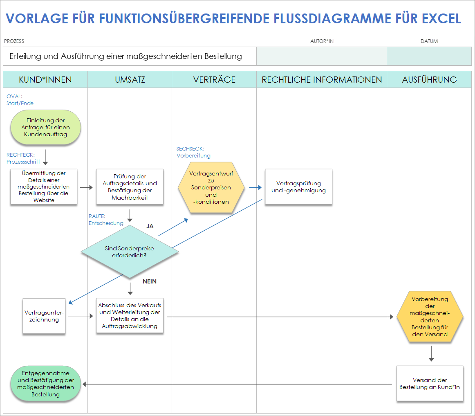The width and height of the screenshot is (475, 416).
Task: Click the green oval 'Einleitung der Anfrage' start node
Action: point(45,128)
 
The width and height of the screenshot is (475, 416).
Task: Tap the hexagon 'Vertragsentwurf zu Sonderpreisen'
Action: point(211,187)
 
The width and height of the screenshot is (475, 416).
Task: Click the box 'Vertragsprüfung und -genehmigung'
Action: point(298,187)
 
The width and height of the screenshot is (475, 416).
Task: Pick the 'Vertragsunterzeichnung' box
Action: point(44,316)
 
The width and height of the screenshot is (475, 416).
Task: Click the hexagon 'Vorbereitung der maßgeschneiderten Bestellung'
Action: point(430,317)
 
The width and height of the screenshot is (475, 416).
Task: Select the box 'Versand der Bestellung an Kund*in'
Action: point(430,383)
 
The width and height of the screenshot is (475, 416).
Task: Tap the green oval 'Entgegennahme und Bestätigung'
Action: point(45,384)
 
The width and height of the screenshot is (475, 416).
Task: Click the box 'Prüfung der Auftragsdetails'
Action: point(130,187)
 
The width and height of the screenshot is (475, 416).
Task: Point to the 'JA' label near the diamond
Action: point(150,226)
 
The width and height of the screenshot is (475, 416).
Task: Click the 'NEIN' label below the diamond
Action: point(150,281)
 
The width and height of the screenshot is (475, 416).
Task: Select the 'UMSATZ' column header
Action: point(130,79)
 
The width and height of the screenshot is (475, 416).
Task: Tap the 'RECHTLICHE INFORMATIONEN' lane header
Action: point(322,79)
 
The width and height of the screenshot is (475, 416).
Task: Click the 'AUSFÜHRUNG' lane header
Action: point(429,79)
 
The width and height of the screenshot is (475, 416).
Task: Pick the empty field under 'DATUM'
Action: point(429,56)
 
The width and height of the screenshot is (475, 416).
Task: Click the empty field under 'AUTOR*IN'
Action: point(322,56)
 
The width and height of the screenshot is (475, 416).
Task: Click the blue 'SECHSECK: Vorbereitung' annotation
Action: point(193,152)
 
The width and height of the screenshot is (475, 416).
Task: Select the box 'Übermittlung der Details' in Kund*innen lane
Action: point(44,187)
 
